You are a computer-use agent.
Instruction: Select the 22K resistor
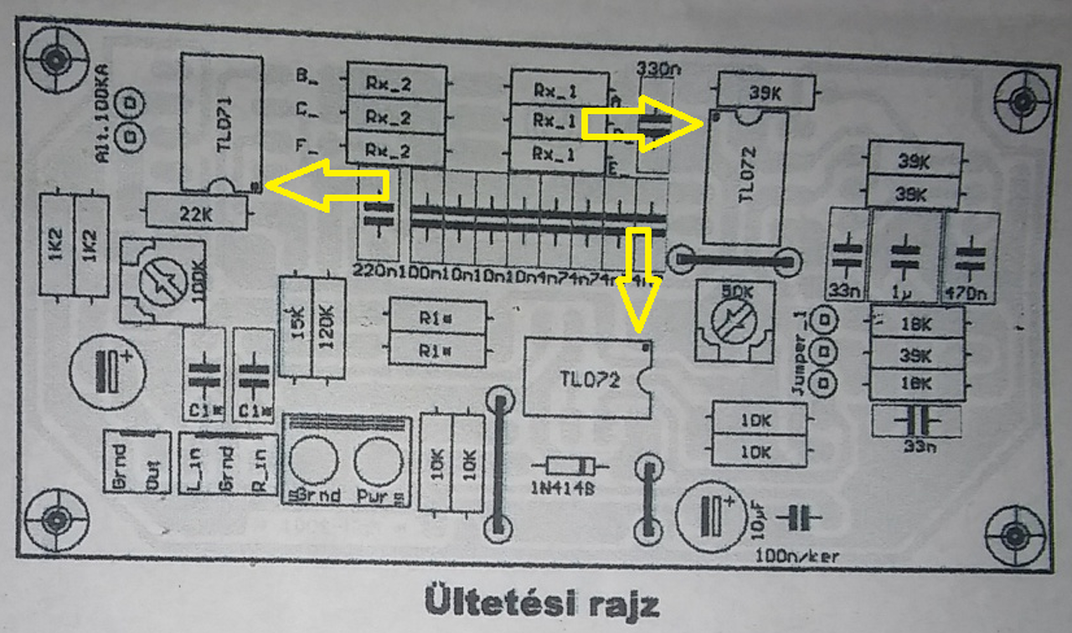point(196,212)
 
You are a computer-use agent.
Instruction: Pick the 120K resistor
point(327,327)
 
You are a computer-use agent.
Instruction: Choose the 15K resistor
point(296,327)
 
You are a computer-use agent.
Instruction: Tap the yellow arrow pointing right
point(643,123)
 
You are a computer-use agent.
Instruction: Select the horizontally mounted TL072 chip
point(587,379)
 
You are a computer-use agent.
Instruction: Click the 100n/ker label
point(797,554)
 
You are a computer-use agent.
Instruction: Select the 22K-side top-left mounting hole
point(56,59)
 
